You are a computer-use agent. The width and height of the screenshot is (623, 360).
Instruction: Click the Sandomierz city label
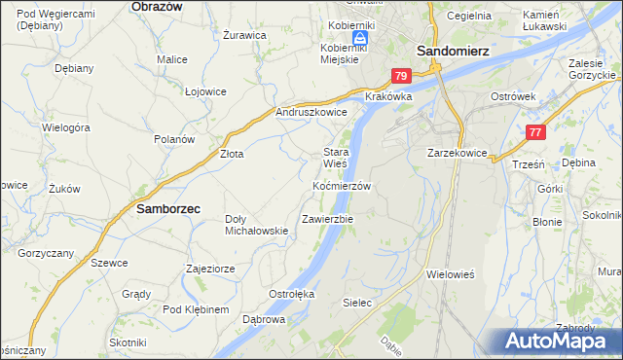point(453,51)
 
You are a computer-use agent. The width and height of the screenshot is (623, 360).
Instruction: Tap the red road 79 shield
point(402,76)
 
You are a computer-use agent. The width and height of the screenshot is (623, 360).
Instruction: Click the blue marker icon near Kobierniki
point(359,38)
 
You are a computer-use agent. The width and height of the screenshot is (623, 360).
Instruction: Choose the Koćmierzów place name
point(342,186)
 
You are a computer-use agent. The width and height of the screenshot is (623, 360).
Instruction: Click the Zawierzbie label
point(327,219)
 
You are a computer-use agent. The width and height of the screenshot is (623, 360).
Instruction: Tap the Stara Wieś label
point(336,158)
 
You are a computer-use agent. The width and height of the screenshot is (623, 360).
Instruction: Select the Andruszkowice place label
point(311,113)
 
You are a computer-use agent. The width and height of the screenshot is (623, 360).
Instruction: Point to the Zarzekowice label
point(457,154)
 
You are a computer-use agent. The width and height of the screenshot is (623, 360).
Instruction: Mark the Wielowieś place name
point(450,274)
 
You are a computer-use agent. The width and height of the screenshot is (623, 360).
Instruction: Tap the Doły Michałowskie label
point(257,225)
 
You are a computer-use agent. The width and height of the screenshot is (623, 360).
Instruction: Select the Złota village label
point(231,154)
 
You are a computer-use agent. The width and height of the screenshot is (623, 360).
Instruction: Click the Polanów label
point(175,139)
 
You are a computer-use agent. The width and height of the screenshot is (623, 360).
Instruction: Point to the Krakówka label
point(388,97)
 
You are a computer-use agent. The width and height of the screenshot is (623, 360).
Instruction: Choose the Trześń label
point(527,165)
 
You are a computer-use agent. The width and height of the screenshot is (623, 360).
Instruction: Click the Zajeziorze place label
point(210,268)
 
